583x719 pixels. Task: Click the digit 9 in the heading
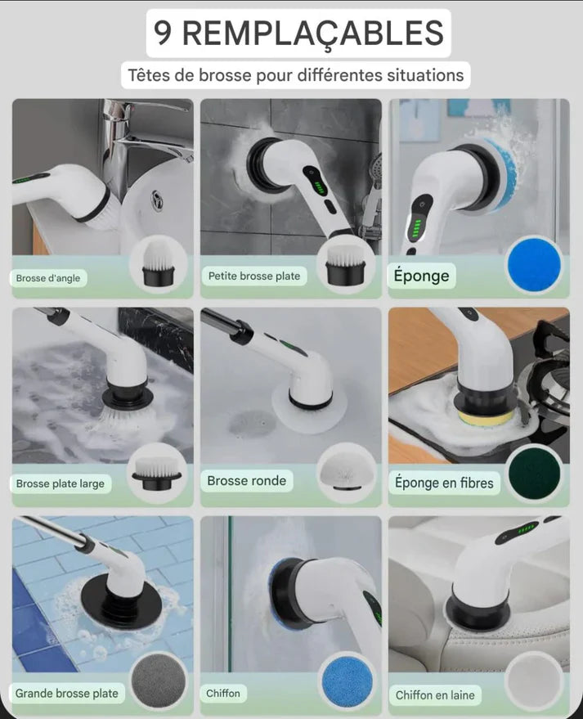pyautogui.click(x=162, y=33)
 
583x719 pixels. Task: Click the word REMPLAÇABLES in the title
pyautogui.click(x=313, y=33)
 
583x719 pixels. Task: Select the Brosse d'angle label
pyautogui.click(x=48, y=278)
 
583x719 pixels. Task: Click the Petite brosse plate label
pyautogui.click(x=254, y=276)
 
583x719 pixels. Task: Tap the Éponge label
pyautogui.click(x=422, y=276)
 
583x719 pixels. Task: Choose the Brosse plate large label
pyautogui.click(x=61, y=483)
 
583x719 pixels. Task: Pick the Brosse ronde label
pyautogui.click(x=247, y=480)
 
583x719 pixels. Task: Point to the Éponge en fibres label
pyautogui.click(x=444, y=483)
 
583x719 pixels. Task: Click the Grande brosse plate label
pyautogui.click(x=67, y=694)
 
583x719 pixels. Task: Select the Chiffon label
pyautogui.click(x=223, y=694)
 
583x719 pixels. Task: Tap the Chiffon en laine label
pyautogui.click(x=435, y=695)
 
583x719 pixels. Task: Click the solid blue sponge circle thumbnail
pyautogui.click(x=535, y=264)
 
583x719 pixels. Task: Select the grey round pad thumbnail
pyautogui.click(x=159, y=680)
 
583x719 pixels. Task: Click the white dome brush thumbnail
pyautogui.click(x=347, y=472)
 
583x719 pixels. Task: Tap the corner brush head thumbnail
pyautogui.click(x=158, y=263)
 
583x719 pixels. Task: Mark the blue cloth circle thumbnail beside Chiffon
pyautogui.click(x=347, y=681)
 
